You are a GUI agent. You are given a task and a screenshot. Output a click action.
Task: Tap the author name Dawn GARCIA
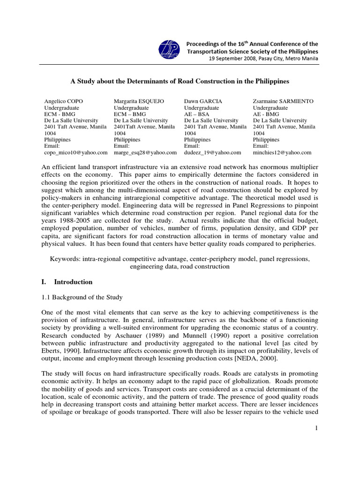[203, 101]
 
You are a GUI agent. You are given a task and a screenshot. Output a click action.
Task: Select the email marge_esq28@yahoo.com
[145, 153]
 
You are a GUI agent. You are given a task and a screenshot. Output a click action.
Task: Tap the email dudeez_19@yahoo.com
[212, 153]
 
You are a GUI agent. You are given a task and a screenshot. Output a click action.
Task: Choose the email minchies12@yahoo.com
[282, 153]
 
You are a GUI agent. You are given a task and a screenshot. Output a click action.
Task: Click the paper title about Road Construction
[180, 82]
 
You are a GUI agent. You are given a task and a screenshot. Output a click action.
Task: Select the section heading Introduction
[73, 282]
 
